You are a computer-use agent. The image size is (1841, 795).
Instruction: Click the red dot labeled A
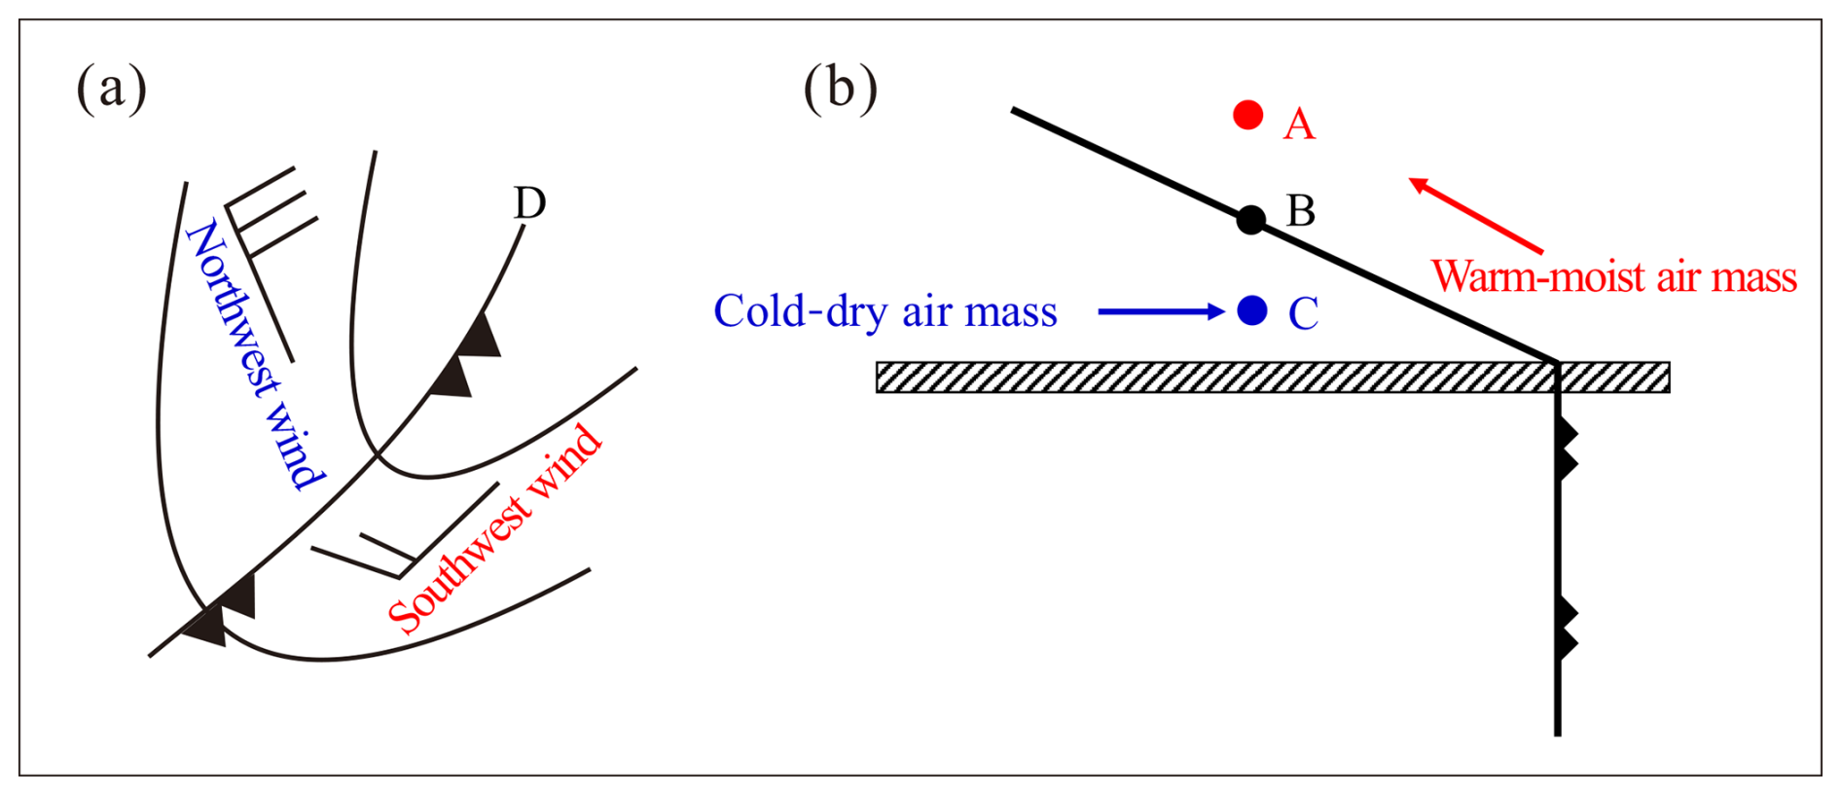point(1247,115)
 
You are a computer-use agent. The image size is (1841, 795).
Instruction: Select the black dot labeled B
point(1251,220)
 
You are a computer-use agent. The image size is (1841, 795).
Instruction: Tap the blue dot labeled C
point(1252,310)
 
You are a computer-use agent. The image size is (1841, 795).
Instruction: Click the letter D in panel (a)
point(529,203)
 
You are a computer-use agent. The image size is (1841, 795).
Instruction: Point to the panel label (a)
point(112,89)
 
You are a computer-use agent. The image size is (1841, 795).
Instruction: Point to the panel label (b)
point(840,89)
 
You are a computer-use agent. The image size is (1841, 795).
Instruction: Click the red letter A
point(1299,125)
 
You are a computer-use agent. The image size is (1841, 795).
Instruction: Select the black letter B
point(1301,210)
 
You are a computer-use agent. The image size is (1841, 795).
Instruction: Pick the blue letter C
point(1303,313)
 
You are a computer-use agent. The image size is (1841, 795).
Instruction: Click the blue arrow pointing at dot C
point(1160,311)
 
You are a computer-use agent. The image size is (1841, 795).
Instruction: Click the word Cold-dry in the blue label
point(801,311)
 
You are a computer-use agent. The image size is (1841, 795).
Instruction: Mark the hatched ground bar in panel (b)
point(1216,378)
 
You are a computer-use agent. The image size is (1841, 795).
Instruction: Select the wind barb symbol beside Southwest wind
point(409,540)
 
